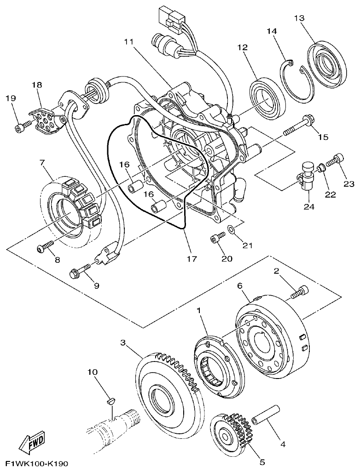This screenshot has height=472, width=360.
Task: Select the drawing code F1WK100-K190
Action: coord(37,463)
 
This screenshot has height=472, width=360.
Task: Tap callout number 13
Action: coord(299,18)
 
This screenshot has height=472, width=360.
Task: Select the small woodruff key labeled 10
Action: coord(110,401)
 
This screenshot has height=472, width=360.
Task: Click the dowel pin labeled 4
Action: coord(265,414)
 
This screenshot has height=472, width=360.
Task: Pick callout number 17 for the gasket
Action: coord(192,259)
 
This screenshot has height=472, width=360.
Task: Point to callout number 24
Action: coord(308,207)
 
